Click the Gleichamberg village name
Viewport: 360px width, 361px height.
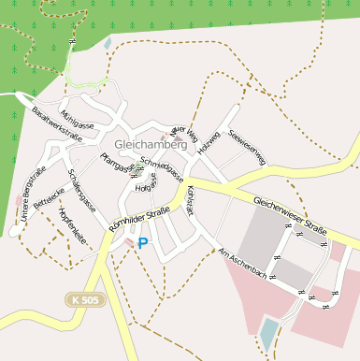pyautogui.click(x=150, y=145)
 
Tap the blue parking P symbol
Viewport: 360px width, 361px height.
pyautogui.click(x=143, y=243)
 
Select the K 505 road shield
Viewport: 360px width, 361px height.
pyautogui.click(x=85, y=298)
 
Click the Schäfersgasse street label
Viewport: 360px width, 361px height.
pyautogui.click(x=82, y=190)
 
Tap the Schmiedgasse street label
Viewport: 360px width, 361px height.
pyautogui.click(x=160, y=167)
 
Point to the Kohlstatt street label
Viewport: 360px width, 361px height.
pyautogui.click(x=192, y=201)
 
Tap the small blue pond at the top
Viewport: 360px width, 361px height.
pyautogui.click(x=108, y=43)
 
